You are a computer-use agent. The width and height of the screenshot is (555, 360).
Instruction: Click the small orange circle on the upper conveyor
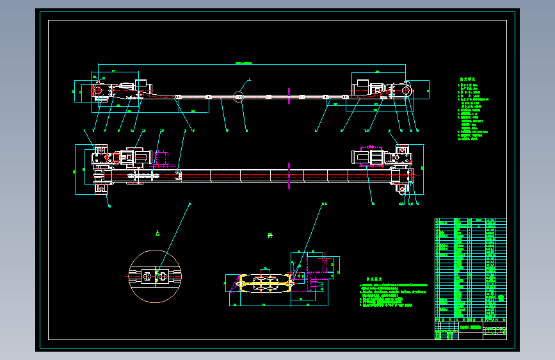pos(239,97)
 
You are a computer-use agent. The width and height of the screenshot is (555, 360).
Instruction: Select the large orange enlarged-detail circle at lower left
pos(156,277)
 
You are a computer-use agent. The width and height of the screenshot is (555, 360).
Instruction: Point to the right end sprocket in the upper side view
pos(406,91)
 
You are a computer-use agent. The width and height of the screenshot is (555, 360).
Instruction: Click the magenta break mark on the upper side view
pos(290,97)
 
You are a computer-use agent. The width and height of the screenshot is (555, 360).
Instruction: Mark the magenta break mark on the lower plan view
pos(290,175)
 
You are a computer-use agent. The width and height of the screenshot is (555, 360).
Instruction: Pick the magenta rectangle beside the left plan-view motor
pos(161,160)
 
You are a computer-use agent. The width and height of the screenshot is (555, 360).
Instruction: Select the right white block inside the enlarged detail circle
pos(165,276)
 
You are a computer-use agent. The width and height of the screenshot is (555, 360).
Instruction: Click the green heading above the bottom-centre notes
pos(374,279)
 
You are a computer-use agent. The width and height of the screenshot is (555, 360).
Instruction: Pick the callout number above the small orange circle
pos(250,78)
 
